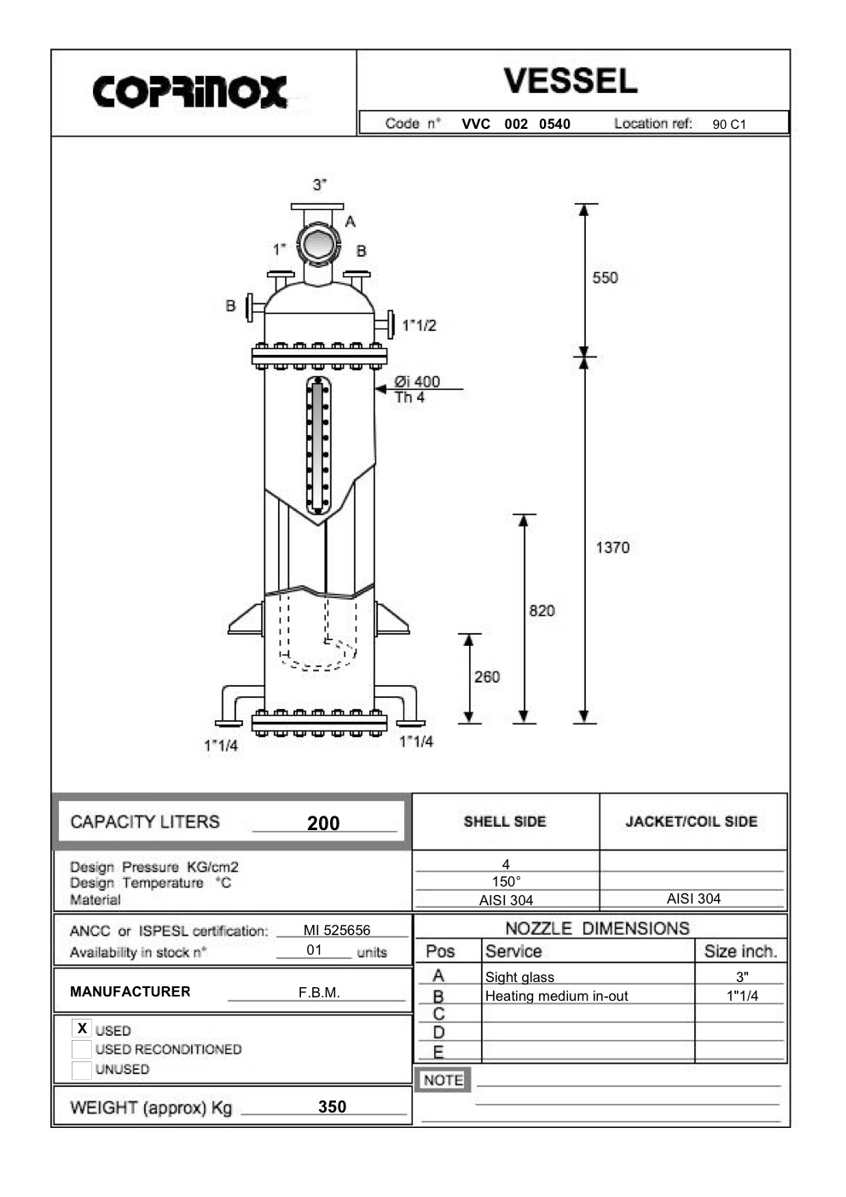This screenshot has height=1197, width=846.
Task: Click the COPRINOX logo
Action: [189, 92]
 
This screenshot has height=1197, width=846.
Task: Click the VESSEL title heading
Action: [570, 81]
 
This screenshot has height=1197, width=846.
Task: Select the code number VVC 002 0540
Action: [516, 125]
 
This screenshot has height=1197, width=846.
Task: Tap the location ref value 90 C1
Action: [729, 125]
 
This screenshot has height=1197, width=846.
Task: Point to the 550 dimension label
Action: [605, 278]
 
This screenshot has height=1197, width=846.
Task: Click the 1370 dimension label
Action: [612, 548]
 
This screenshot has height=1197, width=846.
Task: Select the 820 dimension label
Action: [542, 611]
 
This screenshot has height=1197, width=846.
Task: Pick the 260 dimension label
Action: [487, 677]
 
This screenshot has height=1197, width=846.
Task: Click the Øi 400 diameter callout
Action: [417, 382]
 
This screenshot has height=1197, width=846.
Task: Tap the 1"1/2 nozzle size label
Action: [420, 326]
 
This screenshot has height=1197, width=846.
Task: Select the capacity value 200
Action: [323, 823]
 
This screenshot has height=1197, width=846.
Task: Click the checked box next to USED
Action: [82, 1029]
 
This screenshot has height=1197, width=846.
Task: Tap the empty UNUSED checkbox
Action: [82, 1070]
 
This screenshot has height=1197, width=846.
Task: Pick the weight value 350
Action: [332, 1107]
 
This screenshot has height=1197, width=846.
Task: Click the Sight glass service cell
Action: [519, 978]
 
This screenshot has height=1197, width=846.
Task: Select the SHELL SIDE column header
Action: [505, 822]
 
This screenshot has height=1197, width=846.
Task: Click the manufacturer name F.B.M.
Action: [319, 993]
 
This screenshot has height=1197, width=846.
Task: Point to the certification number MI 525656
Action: [337, 931]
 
